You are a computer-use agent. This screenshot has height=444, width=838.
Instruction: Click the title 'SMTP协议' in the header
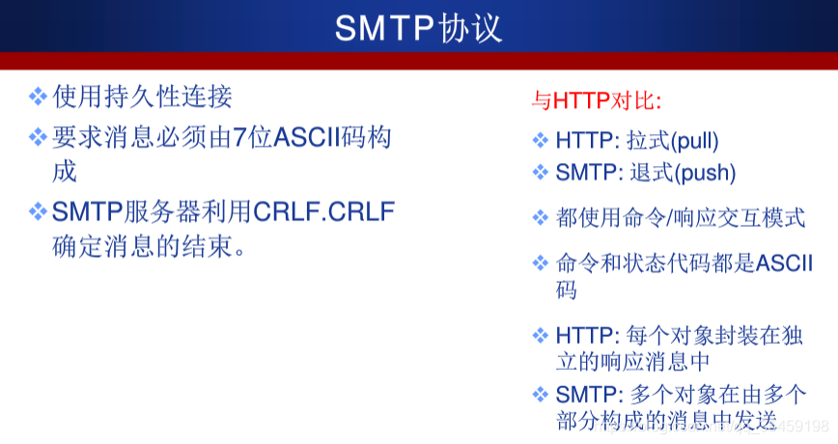tap(418, 28)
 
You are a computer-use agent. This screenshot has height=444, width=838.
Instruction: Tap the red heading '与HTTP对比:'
tap(596, 100)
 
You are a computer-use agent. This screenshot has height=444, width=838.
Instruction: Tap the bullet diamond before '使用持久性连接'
tap(38, 96)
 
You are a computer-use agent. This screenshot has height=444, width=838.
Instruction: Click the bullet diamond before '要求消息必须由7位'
tap(38, 137)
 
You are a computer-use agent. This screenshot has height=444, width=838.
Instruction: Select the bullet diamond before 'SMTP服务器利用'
tap(38, 211)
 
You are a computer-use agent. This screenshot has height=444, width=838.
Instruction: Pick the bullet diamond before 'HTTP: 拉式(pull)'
tap(541, 141)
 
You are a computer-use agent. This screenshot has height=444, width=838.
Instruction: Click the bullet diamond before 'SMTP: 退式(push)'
tap(541, 174)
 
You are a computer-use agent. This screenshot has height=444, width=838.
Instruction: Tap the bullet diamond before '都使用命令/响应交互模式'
tap(541, 218)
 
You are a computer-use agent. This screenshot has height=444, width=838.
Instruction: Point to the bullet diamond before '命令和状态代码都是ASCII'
tap(541, 263)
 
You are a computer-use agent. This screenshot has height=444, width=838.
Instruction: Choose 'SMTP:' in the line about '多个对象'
tap(588, 394)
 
